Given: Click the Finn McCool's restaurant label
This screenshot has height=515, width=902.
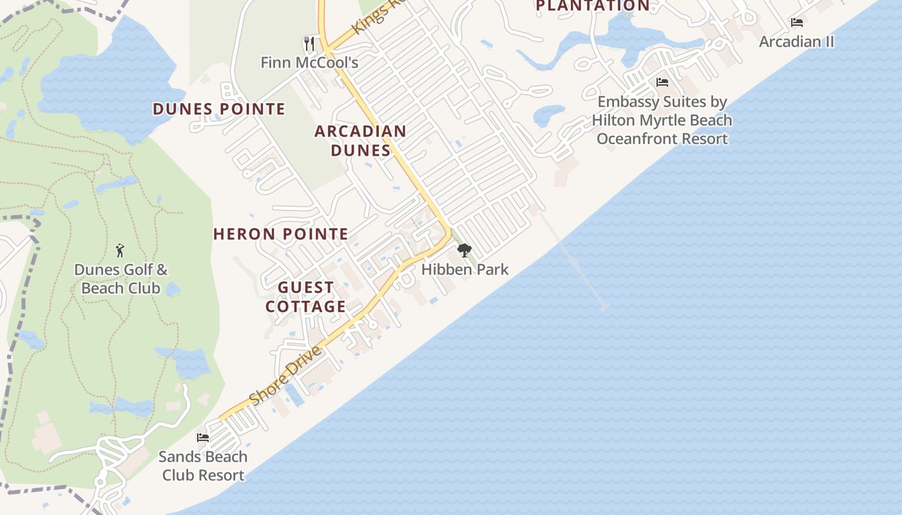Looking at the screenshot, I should (309, 62).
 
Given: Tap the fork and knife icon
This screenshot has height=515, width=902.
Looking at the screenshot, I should (309, 43).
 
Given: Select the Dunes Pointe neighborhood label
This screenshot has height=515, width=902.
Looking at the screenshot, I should (218, 109).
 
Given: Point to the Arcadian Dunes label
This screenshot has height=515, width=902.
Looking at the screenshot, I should (360, 140).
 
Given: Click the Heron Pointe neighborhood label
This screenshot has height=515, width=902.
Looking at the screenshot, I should (280, 234).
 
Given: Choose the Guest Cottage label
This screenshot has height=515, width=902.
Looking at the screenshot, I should (306, 297).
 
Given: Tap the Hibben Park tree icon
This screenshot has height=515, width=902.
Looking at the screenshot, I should (463, 250).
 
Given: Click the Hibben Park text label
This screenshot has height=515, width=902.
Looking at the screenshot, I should (465, 269).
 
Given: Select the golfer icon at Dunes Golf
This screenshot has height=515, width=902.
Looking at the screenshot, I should (120, 250).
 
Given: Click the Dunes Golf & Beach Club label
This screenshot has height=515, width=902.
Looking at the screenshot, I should (120, 278).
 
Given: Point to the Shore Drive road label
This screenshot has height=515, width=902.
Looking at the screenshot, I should (285, 377).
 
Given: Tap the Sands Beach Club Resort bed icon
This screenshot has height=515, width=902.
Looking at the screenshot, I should (203, 438).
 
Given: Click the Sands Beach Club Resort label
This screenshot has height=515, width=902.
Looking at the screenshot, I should (203, 465).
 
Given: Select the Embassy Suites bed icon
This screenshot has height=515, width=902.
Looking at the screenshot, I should (662, 82).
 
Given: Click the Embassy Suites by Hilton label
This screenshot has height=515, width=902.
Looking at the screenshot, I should (662, 120).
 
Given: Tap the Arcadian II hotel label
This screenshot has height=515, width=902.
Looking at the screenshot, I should (796, 42).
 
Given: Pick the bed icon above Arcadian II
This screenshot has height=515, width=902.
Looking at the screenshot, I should (797, 23).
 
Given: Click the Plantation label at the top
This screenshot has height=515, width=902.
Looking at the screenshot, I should (593, 6).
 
